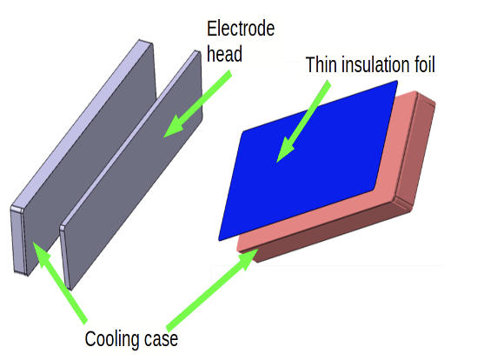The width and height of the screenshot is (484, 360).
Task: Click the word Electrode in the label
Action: point(241,29)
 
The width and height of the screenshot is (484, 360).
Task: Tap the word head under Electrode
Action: point(224,54)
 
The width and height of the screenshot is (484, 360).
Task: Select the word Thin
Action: point(322,64)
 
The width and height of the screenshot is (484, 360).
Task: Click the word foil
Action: point(426,64)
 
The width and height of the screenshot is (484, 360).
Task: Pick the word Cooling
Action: point(112,340)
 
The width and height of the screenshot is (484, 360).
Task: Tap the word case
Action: point(161,340)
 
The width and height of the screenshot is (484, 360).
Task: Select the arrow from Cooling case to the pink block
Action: point(213,289)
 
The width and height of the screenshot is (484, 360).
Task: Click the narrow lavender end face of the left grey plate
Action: point(17,239)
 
